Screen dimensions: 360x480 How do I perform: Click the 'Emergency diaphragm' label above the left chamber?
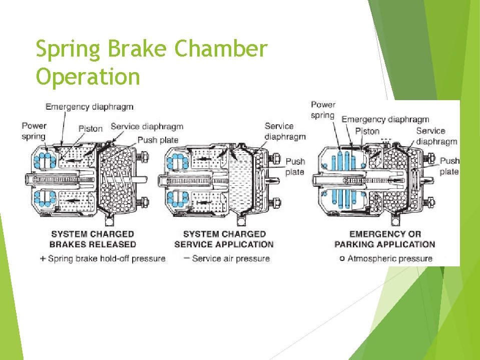pyautogui.click(x=89, y=106)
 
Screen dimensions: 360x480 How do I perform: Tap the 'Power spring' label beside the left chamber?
pyautogui.click(x=34, y=131)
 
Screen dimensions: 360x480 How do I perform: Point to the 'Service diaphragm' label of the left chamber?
pyautogui.click(x=147, y=127)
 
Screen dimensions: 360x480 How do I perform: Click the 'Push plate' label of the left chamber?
pyautogui.click(x=158, y=140)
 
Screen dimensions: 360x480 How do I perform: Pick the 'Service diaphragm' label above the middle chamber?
pyautogui.click(x=285, y=131)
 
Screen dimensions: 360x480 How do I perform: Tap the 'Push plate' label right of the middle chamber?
pyautogui.click(x=295, y=166)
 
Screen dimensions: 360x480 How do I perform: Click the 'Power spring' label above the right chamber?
pyautogui.click(x=323, y=110)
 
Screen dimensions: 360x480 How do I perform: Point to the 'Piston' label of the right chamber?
pyautogui.click(x=367, y=131)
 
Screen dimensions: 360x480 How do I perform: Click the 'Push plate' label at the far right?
pyautogui.click(x=449, y=166)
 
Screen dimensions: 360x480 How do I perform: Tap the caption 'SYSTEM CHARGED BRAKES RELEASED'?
pyautogui.click(x=93, y=239)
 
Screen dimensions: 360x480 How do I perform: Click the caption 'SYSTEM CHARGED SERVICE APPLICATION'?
pyautogui.click(x=224, y=239)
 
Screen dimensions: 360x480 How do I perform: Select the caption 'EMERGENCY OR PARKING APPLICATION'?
pyautogui.click(x=384, y=239)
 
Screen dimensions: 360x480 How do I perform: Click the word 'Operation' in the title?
pyautogui.click(x=88, y=77)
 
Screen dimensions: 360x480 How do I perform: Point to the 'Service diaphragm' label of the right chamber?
pyautogui.click(x=436, y=136)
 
